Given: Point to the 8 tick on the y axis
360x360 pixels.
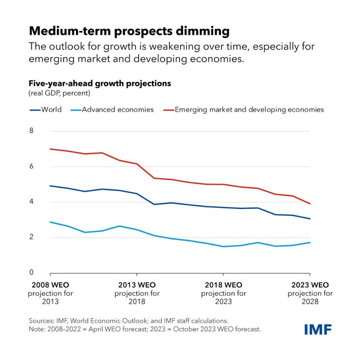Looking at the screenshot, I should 32,131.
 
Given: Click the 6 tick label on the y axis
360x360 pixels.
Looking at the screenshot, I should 32,167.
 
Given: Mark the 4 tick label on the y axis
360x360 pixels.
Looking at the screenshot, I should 32,202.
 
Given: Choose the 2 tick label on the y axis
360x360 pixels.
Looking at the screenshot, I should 32,237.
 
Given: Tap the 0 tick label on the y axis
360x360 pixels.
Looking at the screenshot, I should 32,272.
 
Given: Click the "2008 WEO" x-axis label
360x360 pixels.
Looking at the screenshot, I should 50,285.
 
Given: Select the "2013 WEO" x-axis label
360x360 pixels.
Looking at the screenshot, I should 137,285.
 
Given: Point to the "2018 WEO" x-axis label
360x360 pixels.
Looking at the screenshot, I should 223,285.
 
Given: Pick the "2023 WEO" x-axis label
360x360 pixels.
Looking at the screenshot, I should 310,285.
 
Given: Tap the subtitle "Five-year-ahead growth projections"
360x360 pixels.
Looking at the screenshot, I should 100,83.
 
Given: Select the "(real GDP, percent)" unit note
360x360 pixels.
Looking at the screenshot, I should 60,93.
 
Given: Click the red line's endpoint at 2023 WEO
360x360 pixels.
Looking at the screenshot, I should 310,204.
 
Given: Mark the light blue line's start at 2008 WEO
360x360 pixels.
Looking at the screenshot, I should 50,222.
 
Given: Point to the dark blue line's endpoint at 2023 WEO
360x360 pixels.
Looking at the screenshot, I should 310,219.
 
